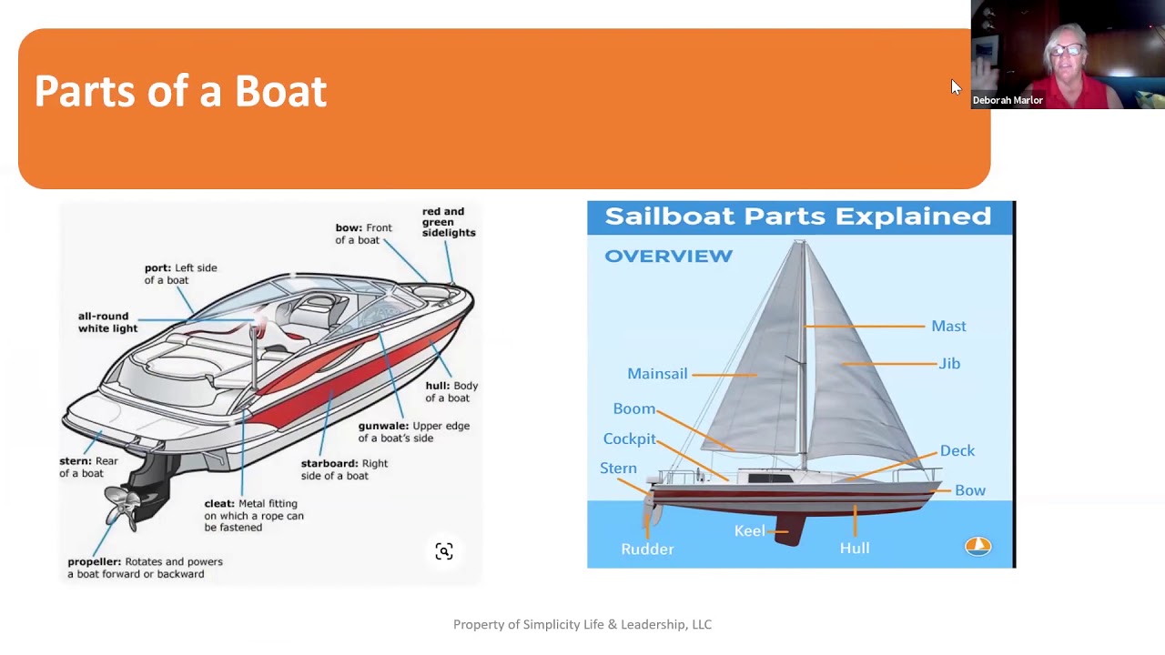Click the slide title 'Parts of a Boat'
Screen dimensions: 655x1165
pos(180,92)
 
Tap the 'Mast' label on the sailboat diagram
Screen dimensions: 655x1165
pos(948,326)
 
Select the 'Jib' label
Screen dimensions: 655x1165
pos(949,364)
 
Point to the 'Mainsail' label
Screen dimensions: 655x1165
pos(657,374)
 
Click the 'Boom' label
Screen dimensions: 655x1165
pos(633,409)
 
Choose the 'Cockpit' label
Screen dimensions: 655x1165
pos(629,438)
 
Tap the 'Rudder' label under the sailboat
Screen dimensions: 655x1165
pos(647,549)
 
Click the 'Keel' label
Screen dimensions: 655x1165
pos(749,531)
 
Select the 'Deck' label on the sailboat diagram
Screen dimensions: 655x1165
pos(957,451)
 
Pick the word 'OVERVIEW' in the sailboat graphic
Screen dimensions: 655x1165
pos(668,257)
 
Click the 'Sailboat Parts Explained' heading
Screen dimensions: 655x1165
pos(797,217)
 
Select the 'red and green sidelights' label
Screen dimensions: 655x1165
pos(448,222)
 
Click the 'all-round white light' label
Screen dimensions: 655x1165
pos(107,322)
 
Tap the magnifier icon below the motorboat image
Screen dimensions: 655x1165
pos(444,551)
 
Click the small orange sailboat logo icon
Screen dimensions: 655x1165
pos(978,546)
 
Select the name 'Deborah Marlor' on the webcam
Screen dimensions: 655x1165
pos(1008,100)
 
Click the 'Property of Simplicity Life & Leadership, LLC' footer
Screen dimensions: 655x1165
pos(582,624)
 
